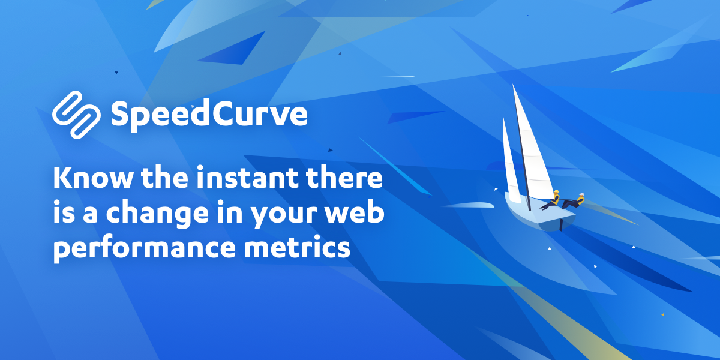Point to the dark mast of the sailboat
tap(521, 150)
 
